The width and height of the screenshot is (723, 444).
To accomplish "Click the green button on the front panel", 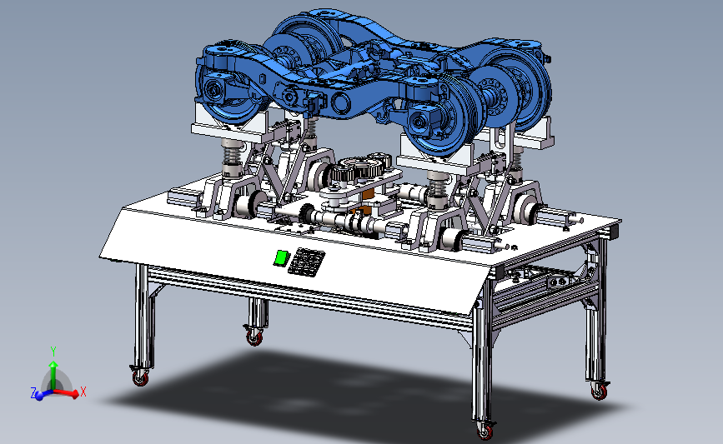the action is (281, 257).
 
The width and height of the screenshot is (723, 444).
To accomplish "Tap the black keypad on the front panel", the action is (307, 262).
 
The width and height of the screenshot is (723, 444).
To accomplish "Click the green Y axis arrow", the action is (53, 375).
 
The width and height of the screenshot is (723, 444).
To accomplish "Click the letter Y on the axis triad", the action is (53, 352).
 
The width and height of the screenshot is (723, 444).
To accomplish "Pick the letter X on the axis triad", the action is (83, 392).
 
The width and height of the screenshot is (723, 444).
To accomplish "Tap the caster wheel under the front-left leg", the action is (141, 377).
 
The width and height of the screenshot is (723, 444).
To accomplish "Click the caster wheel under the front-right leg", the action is (485, 431).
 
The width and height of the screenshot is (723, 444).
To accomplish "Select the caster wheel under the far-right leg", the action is (599, 390).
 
